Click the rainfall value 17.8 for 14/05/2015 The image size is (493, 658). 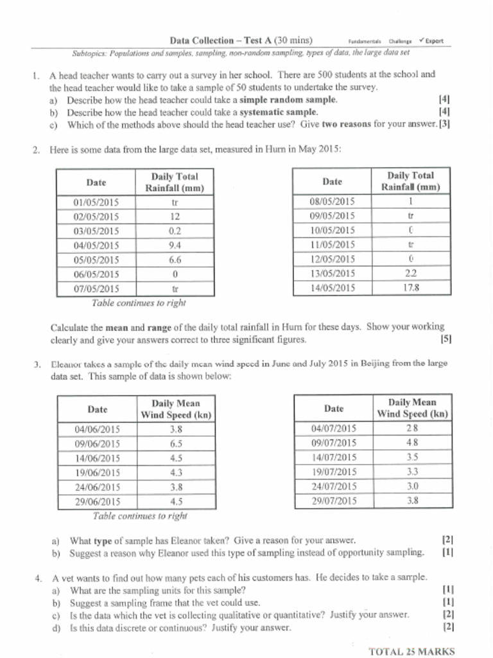pos(411,288)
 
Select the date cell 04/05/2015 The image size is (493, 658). pos(96,245)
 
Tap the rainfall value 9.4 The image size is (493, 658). pos(175,245)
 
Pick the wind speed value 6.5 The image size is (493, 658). pos(176,443)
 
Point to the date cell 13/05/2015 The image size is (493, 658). pos(332,274)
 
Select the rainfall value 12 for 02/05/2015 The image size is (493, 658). pos(175,216)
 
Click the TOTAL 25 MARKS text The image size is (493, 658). pos(411,651)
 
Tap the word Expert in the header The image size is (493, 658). pos(434,41)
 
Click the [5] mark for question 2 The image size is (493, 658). pos(446,340)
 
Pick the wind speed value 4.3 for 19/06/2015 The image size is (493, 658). pos(176,472)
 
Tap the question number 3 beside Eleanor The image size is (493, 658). pos(37,365)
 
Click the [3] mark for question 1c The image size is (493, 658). pos(444,125)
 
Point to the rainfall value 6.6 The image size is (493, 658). pos(175,260)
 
